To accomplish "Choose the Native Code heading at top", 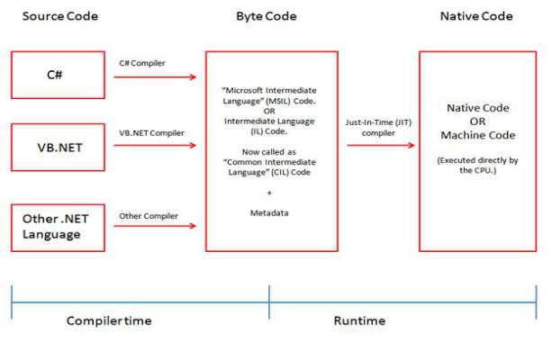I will pos(476,17).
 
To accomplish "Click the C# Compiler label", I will pos(143,63).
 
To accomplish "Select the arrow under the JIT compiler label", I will pos(379,145).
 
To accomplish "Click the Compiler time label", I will pos(109,321).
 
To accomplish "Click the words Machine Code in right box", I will pos(477,135).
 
